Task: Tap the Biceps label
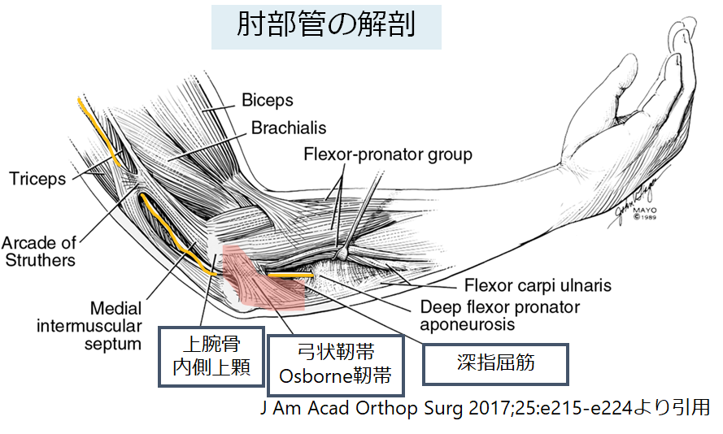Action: coord(267,101)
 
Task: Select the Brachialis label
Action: coord(288,128)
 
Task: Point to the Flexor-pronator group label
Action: coord(387,154)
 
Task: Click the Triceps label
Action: coord(38,179)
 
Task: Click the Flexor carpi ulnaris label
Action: coord(538,286)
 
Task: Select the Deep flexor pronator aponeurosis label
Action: coord(499,315)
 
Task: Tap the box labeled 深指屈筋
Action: coord(494,363)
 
